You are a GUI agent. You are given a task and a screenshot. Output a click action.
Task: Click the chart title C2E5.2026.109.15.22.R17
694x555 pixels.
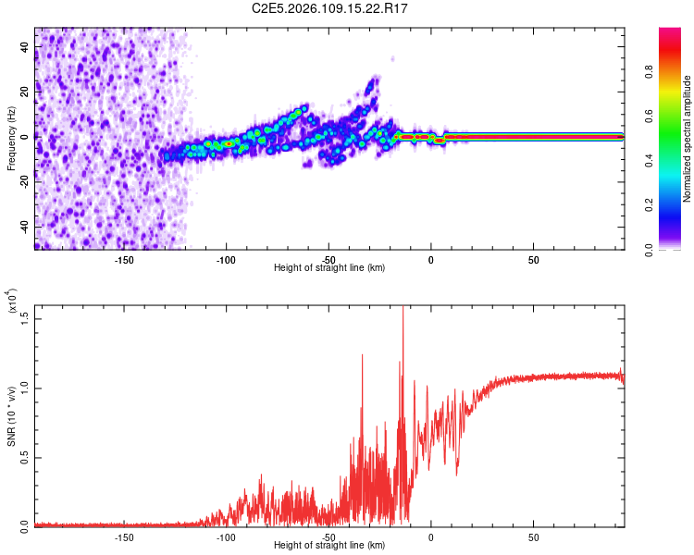tap(343, 8)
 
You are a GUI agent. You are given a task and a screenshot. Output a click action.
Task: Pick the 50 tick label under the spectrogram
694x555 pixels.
tap(533, 258)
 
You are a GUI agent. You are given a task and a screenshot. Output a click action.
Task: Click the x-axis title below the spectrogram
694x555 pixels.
tap(329, 268)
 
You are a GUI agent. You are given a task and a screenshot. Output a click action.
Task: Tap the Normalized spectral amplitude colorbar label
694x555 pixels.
tap(688, 139)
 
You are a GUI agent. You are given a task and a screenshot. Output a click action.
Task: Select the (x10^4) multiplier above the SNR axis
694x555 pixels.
tap(12, 302)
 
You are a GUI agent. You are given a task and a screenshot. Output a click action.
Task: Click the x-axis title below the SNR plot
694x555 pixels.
tap(329, 546)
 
